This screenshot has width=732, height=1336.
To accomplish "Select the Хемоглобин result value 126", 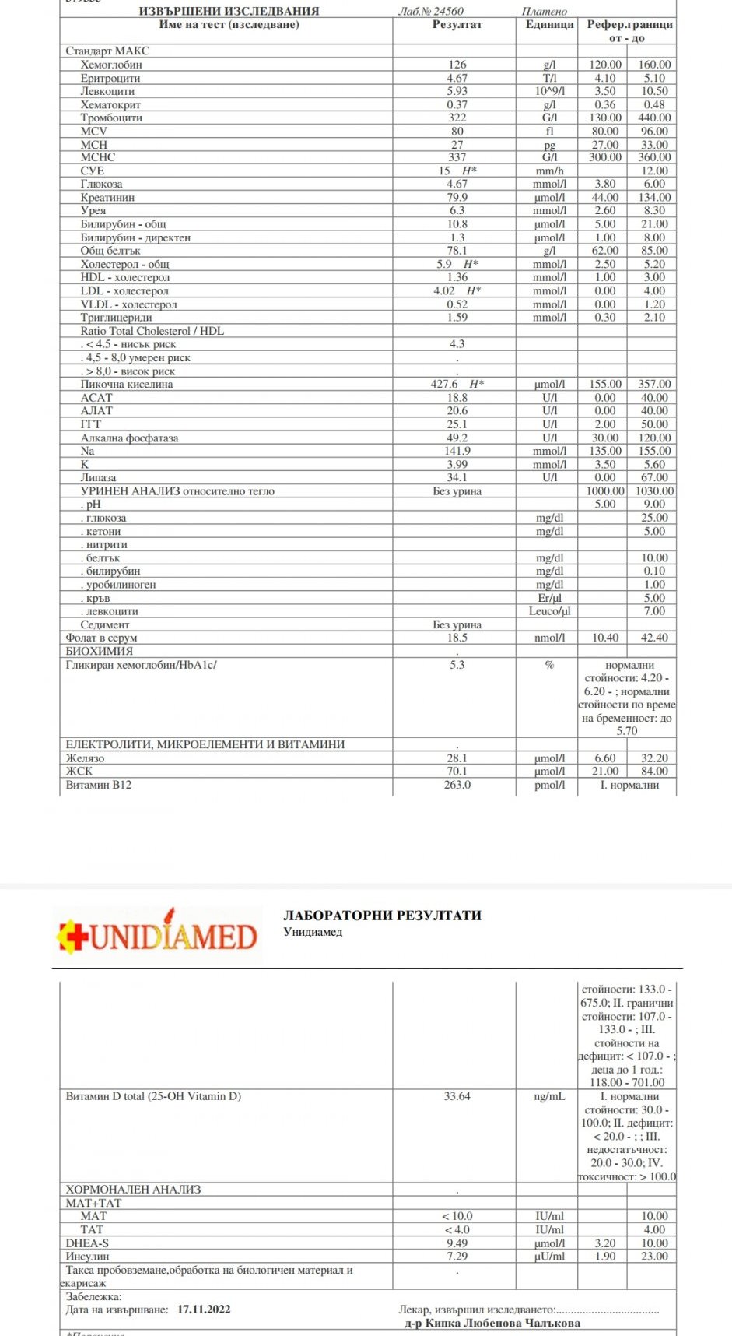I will [x=457, y=65].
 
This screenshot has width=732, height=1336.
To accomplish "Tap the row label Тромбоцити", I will [x=111, y=118].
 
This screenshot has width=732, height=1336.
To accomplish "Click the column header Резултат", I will [x=457, y=24].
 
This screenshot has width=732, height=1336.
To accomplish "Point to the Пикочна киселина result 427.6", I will [x=445, y=384].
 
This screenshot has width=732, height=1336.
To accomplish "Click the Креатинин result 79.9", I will [x=457, y=198].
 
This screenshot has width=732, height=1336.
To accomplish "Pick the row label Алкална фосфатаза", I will [x=129, y=438].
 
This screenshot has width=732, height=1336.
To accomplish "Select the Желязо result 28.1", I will [x=457, y=758].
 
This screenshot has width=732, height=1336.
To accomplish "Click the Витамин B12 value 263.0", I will [x=457, y=785].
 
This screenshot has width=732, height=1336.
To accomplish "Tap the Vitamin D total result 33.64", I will [x=457, y=1096].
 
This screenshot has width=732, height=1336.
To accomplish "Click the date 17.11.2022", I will [x=204, y=1310].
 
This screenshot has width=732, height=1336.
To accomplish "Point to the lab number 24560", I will [x=448, y=11].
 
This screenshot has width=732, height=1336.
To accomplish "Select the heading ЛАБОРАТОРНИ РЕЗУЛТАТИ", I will [x=382, y=916].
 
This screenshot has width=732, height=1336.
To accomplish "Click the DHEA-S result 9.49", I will [x=457, y=1243].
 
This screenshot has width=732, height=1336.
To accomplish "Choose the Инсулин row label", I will [x=87, y=1257].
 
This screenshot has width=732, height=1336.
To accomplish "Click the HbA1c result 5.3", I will [x=457, y=665].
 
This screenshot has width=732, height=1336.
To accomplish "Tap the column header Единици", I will [x=549, y=24].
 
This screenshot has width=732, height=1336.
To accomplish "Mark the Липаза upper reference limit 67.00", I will [x=654, y=478].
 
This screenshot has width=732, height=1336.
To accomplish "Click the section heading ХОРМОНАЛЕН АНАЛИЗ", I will [x=133, y=1190].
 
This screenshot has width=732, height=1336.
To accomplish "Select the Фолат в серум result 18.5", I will [x=457, y=638].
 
